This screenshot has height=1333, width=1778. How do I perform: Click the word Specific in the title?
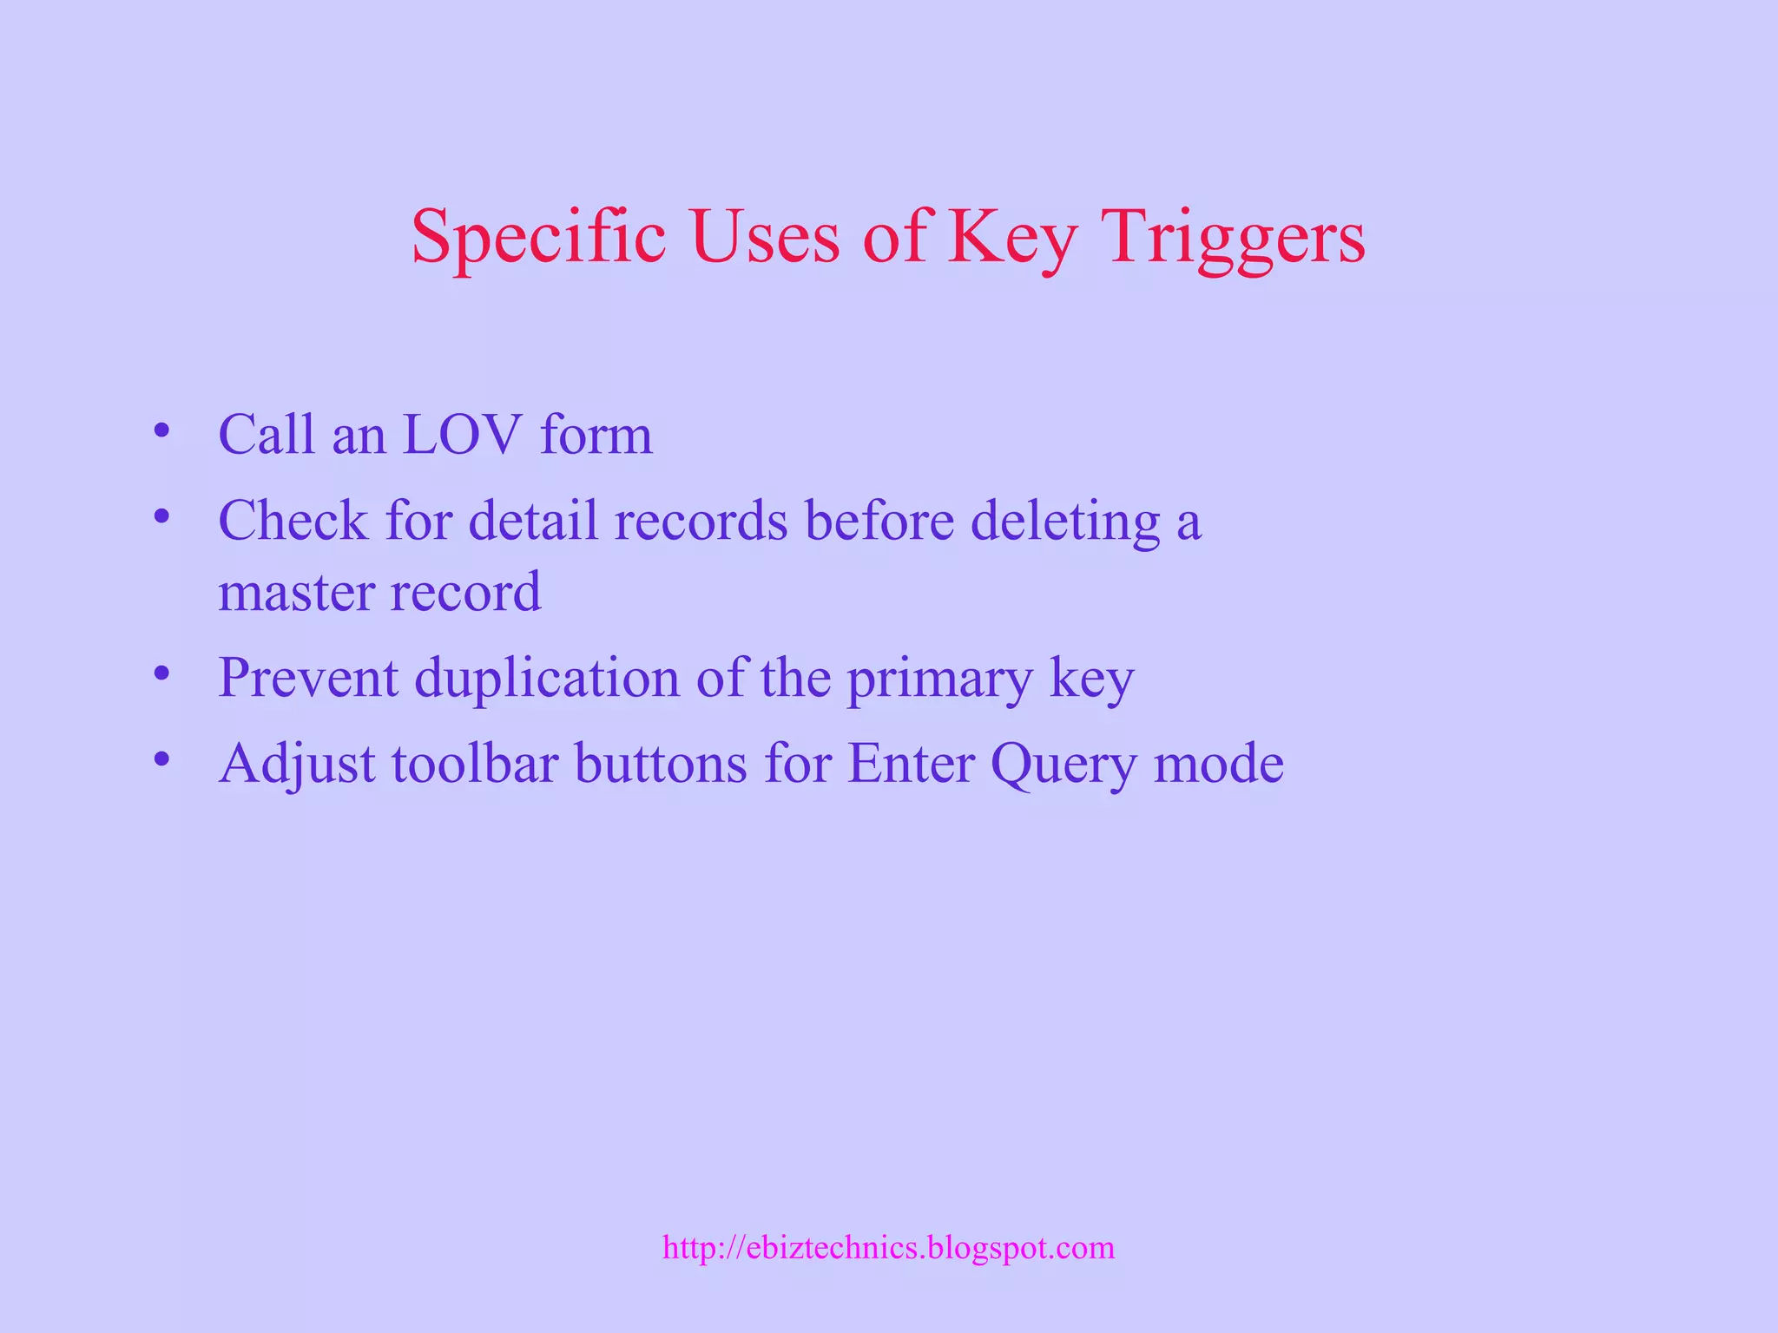tap(538, 236)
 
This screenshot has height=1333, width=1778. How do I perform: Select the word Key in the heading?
tap(1012, 236)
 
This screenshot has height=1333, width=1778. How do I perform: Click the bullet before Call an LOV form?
tap(161, 430)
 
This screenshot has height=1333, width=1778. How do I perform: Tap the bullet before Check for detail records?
tap(161, 517)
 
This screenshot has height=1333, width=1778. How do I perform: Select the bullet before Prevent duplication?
tap(161, 673)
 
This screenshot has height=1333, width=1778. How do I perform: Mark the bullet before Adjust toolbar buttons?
tap(161, 760)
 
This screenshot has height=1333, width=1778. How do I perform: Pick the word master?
tap(295, 592)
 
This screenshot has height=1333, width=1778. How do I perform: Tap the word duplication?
tap(547, 678)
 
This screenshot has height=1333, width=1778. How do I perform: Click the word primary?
tap(939, 678)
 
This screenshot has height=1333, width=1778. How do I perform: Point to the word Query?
tap(1063, 764)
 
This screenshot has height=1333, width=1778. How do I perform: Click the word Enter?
tap(911, 764)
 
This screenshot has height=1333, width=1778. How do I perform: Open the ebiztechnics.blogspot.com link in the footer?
tap(888, 1248)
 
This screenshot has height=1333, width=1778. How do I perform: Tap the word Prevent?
tap(308, 678)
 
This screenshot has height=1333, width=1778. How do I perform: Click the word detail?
tap(533, 522)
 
